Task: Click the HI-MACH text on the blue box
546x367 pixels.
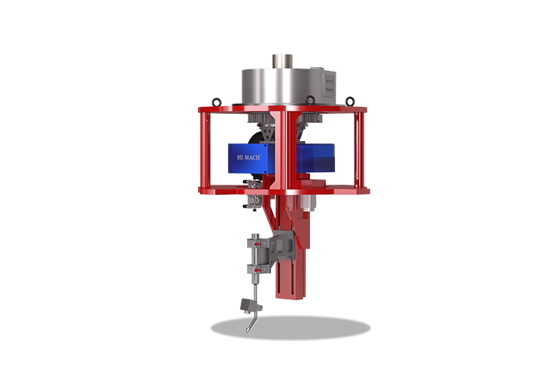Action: point(248,157)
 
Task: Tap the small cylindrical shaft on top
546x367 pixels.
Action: point(283,62)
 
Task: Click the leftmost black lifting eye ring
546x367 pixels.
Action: point(217,102)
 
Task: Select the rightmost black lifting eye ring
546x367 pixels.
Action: point(350,101)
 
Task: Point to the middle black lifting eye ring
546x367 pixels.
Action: point(310,101)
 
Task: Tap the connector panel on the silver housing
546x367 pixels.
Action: point(329,85)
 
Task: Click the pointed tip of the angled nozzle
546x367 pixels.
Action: point(248,330)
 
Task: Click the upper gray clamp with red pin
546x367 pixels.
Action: point(258,242)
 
